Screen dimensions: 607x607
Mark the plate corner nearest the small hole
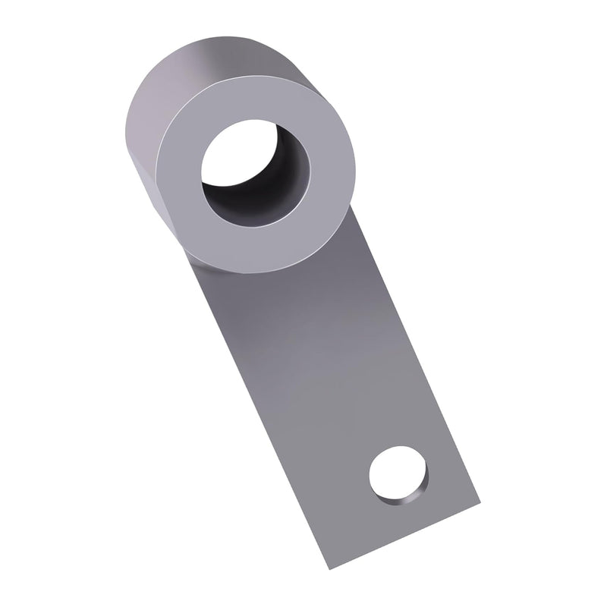pos(480,501)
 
